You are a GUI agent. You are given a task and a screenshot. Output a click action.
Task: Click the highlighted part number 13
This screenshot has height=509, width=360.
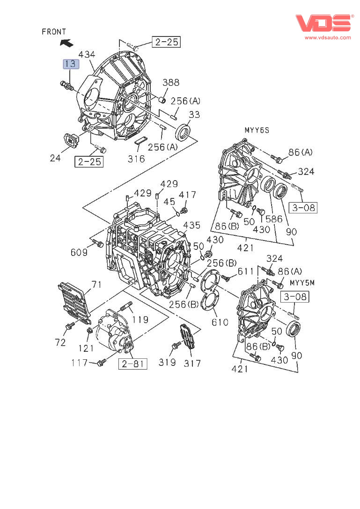pyautogui.click(x=72, y=64)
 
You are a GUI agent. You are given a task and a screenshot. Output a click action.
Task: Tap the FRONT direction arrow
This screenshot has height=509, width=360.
pyautogui.click(x=66, y=43)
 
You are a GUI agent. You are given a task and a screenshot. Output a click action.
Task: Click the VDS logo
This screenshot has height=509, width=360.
pyautogui.click(x=323, y=23)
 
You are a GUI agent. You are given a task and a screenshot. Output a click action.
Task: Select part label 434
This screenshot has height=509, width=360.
pyautogui.click(x=87, y=54)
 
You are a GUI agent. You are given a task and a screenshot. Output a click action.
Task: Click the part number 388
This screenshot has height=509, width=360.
pyautogui.click(x=171, y=83)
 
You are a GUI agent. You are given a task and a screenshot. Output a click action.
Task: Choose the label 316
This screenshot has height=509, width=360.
pyautogui.click(x=136, y=159)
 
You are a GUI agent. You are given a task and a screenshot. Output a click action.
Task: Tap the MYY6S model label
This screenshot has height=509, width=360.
pyautogui.click(x=257, y=130)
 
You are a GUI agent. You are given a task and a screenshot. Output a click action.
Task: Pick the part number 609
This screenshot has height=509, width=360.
pyautogui.click(x=79, y=253)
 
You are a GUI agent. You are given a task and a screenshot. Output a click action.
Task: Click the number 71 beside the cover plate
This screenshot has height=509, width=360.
pyautogui.click(x=96, y=284)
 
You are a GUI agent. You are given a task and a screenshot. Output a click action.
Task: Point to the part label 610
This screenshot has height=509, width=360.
pyautogui.click(x=220, y=322)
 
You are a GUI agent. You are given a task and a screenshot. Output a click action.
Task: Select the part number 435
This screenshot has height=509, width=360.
pyautogui.click(x=191, y=225)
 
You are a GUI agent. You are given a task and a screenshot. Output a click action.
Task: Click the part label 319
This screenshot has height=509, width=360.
pyautogui.click(x=167, y=363)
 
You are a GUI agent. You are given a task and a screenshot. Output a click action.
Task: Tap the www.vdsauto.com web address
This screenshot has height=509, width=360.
pyautogui.click(x=328, y=37)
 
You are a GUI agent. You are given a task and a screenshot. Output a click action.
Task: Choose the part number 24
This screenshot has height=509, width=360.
pyautogui.click(x=55, y=158)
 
